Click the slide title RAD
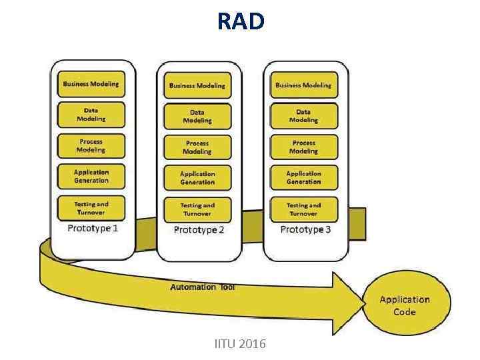click(240, 21)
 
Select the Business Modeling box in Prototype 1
click(91, 84)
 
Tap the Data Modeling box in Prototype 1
click(91, 115)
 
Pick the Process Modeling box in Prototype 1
click(91, 146)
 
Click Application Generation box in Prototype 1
click(91, 177)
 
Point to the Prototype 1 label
click(93, 229)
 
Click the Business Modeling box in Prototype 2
click(197, 85)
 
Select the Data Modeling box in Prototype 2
click(197, 117)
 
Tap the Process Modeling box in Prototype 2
click(197, 147)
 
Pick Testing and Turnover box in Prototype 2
click(197, 210)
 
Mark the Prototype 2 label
click(199, 230)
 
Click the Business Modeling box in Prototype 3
click(303, 85)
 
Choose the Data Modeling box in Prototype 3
click(303, 116)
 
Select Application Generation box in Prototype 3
click(303, 177)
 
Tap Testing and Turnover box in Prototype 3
click(303, 209)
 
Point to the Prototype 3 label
click(305, 229)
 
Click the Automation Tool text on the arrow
click(203, 287)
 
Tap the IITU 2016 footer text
click(240, 344)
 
